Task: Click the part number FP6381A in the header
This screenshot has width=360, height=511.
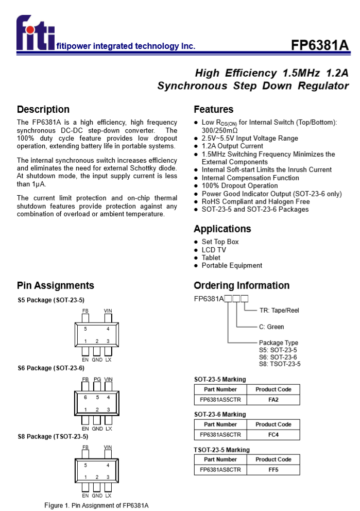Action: click(320, 45)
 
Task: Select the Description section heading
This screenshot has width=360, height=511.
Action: click(43, 109)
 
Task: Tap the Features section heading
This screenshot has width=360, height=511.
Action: click(213, 109)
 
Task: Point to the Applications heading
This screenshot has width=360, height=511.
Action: click(222, 229)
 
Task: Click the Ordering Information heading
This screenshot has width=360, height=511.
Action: click(242, 285)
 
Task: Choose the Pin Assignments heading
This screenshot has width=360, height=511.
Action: click(56, 285)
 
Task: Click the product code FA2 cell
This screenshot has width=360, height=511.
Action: click(273, 400)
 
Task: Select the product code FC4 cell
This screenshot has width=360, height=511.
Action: click(273, 435)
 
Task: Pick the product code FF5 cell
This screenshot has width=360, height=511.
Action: click(273, 470)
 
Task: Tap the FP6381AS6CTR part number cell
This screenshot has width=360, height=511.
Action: click(220, 435)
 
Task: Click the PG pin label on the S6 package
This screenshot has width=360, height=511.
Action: click(97, 380)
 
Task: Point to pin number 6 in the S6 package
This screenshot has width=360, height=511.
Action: click(85, 397)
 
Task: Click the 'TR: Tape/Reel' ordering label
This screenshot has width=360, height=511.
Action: click(279, 311)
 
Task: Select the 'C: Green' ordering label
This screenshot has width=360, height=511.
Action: click(271, 327)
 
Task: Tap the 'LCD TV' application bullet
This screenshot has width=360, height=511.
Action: click(214, 250)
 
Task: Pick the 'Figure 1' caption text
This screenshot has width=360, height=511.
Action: click(96, 505)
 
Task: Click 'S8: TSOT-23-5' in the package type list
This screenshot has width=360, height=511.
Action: click(280, 364)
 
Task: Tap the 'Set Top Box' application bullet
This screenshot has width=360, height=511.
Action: click(220, 242)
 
